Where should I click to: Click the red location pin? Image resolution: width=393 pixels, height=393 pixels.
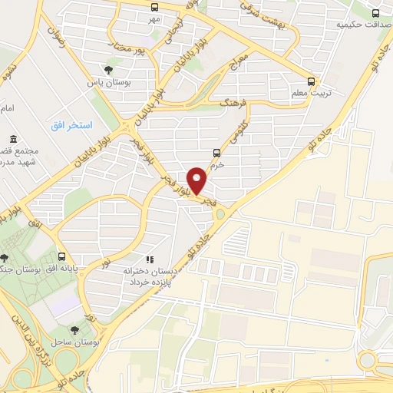coord(199,180)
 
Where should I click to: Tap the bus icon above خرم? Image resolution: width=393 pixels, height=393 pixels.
coord(219,153)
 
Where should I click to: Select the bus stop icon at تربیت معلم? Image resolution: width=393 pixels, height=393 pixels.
coord(311,81)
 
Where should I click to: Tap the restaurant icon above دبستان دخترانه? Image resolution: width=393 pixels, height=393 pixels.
coord(151,259)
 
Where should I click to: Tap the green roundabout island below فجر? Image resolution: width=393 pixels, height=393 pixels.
coord(220,213)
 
